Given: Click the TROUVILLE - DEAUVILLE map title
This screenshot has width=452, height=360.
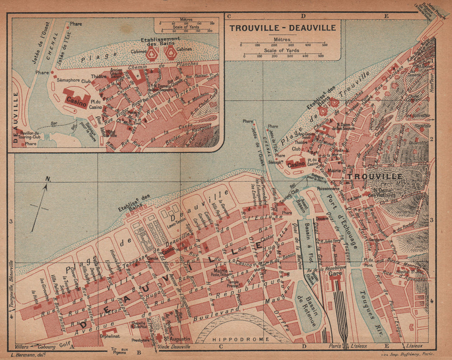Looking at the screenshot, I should [282, 28].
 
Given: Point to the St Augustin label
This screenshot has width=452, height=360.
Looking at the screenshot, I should [173, 339].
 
